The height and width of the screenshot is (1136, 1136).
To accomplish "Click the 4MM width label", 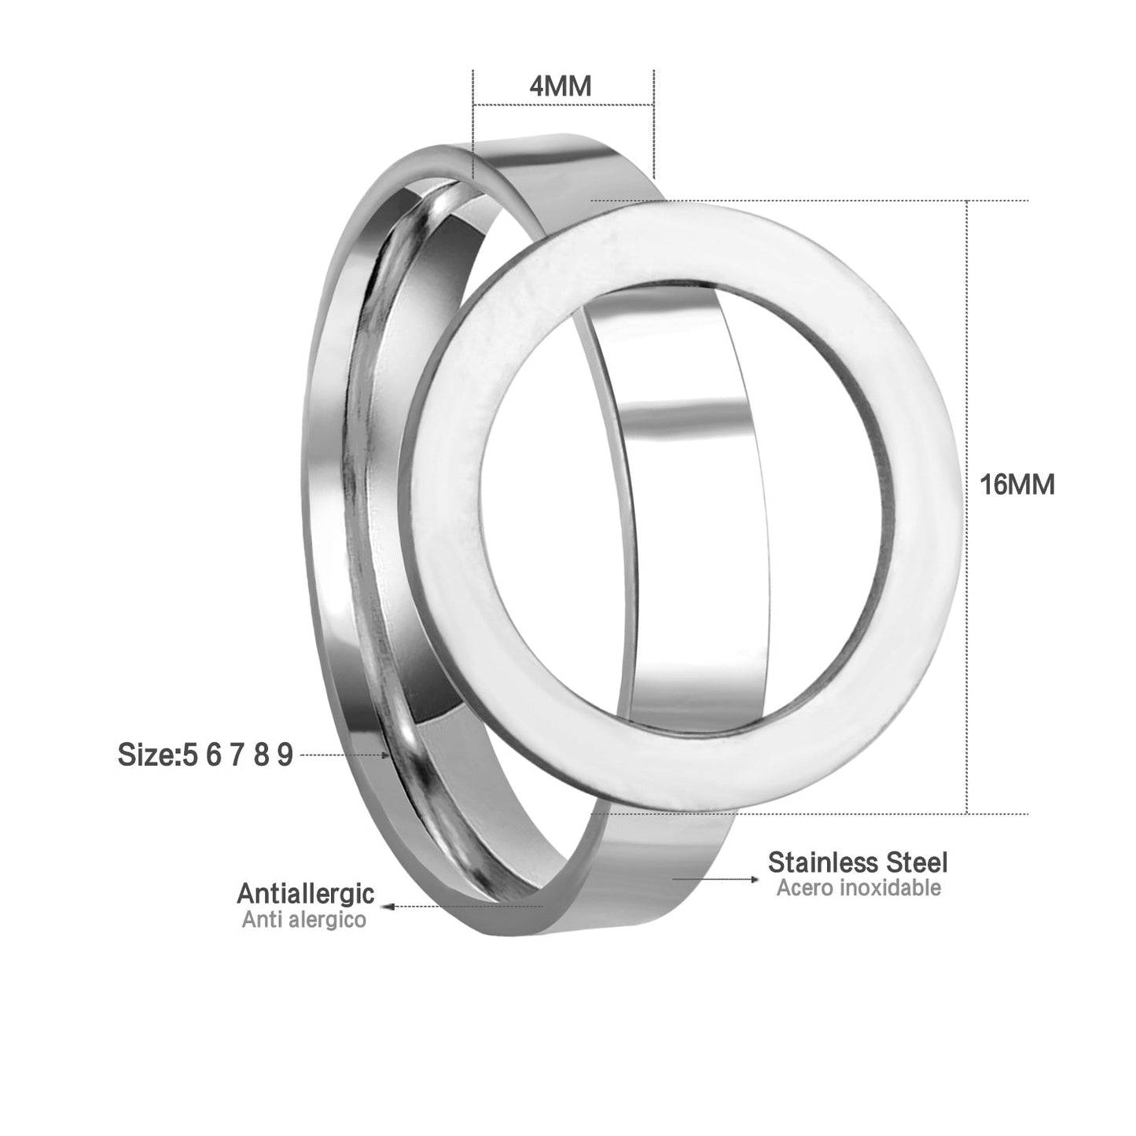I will tap(561, 86).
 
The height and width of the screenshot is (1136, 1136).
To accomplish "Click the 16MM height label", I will tap(1017, 485).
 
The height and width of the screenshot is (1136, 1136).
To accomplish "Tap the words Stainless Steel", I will tap(858, 862).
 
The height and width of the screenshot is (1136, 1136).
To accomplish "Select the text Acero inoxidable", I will tap(858, 888).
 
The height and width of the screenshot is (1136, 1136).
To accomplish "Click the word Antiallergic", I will tap(305, 893).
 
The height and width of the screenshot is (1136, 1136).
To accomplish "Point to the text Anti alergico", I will tap(303, 919).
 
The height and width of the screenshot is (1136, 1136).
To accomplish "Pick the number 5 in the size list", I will tap(189, 755).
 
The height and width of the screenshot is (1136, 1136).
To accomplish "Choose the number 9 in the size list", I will tap(285, 755).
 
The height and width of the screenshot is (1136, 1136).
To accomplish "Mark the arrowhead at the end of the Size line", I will tap(386, 755).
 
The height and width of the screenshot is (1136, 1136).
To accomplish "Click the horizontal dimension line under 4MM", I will tap(563, 105).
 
